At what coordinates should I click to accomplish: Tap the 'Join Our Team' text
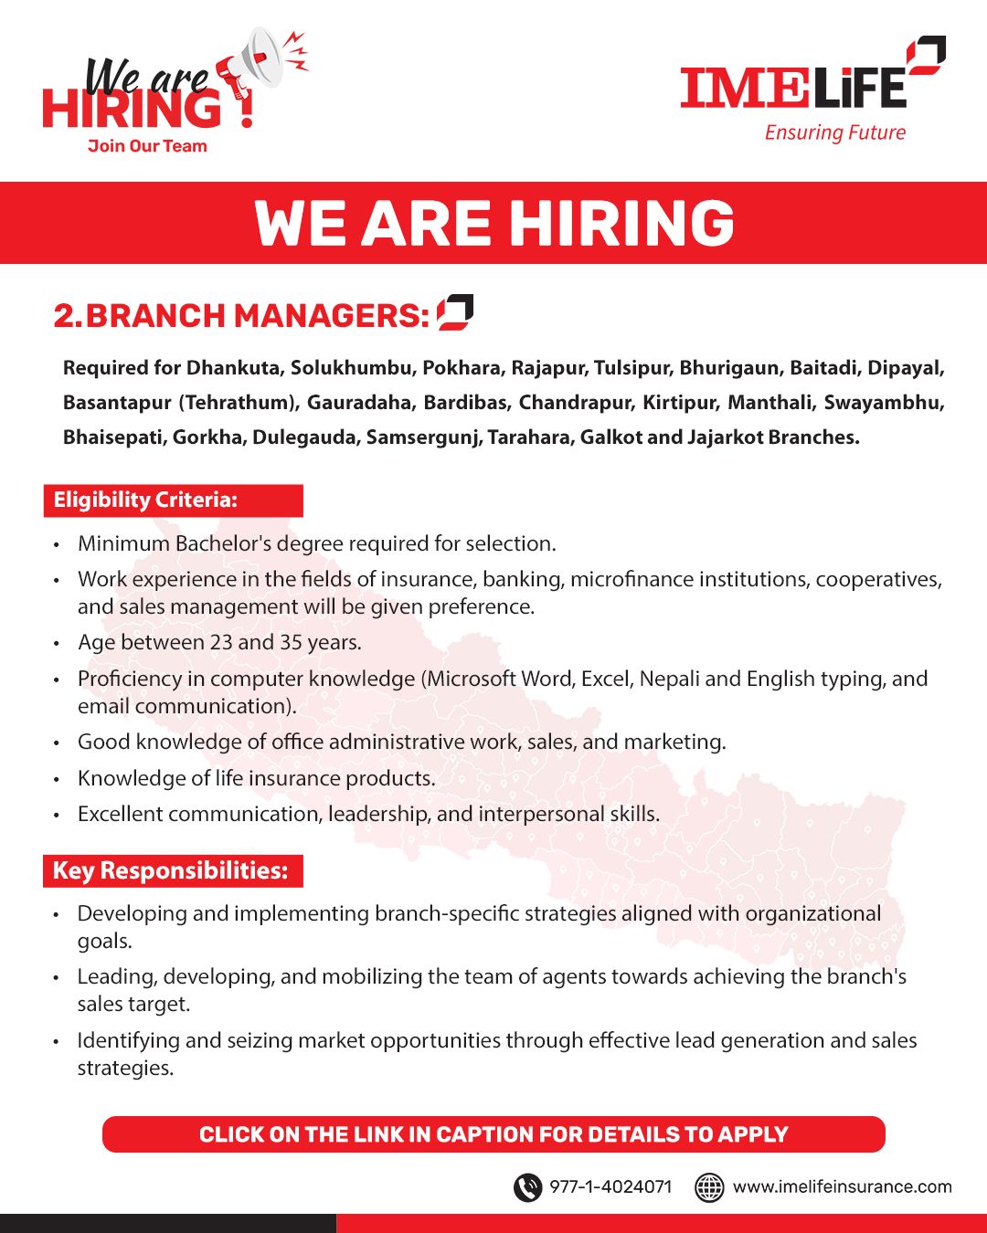[147, 146]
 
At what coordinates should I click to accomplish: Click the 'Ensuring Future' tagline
[834, 133]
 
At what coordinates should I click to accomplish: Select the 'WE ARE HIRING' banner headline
[493, 224]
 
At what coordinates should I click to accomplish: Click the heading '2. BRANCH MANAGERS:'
[241, 316]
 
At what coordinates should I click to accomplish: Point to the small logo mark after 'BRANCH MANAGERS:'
[455, 312]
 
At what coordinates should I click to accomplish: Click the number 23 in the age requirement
[221, 643]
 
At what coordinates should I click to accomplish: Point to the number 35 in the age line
[292, 643]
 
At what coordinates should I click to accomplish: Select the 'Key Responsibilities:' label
[171, 870]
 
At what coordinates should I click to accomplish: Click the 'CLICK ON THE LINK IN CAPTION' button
[493, 1134]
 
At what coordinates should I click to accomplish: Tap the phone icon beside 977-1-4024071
[527, 1187]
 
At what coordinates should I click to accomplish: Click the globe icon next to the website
[710, 1187]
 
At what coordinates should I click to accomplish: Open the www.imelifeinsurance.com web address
[842, 1187]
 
